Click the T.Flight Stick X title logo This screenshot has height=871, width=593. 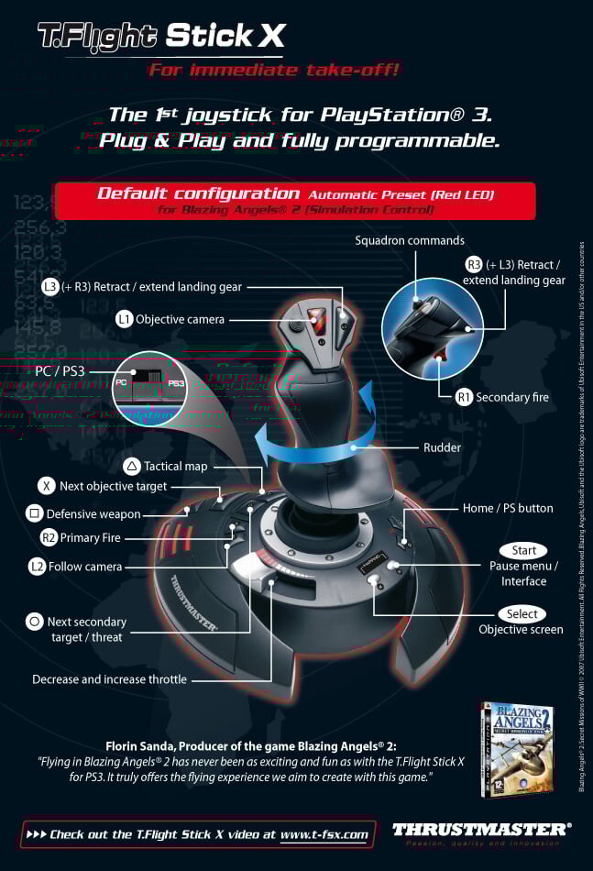coord(160,36)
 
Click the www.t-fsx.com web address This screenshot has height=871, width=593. coord(324,834)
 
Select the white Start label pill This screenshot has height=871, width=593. coord(523,550)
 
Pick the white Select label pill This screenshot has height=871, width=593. coord(522,613)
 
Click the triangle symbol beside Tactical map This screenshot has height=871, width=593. coord(131,466)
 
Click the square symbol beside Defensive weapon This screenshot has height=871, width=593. coord(34,513)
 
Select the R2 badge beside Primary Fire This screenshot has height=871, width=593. coord(49,537)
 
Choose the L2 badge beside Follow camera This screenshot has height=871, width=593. coord(37,566)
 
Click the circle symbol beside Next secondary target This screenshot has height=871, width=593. coord(34,622)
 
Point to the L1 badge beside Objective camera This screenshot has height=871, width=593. coord(124,319)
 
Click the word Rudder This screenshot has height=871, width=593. coord(443,447)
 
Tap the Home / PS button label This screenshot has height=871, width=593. coord(508,508)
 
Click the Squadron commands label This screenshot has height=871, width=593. coord(410,240)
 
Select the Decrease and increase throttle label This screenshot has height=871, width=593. coord(109,679)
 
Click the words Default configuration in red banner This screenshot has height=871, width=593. coord(198,193)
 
